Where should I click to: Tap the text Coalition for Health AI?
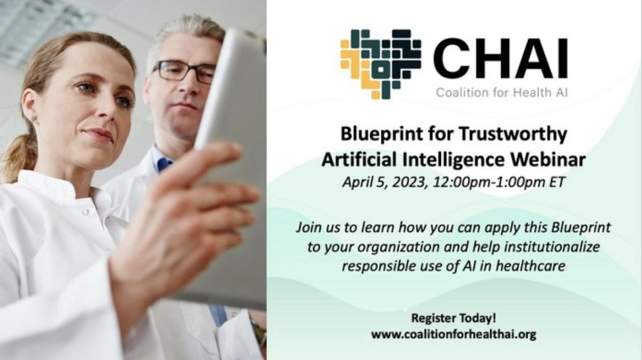[x=502, y=93]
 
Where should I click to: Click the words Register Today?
[x=453, y=318]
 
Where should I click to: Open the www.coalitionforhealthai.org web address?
[x=453, y=334]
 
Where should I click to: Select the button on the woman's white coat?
[x=85, y=212]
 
